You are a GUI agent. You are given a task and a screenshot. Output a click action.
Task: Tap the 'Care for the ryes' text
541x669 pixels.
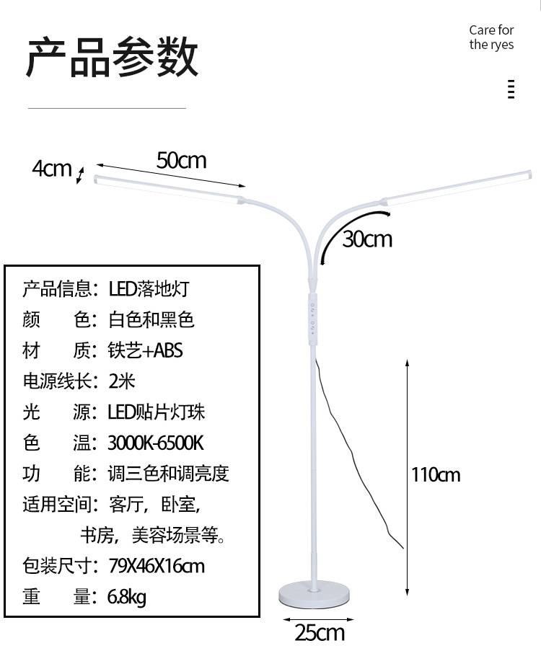coord(491,37)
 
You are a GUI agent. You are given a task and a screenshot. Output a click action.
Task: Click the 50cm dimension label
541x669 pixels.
coord(182,160)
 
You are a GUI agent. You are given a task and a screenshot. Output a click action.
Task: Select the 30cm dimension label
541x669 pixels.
coord(367,239)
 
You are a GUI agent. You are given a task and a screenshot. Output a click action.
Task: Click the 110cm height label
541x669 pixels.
coord(435,474)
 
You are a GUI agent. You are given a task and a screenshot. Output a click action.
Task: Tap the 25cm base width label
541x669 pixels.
coord(319,633)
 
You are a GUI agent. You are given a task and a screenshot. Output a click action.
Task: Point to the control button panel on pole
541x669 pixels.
coord(314,317)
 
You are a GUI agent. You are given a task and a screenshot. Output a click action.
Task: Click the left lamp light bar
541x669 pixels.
coord(169,190)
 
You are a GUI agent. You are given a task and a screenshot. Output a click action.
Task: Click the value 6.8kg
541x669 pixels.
coord(126,597)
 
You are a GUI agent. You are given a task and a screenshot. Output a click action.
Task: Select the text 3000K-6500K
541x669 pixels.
coord(156,443)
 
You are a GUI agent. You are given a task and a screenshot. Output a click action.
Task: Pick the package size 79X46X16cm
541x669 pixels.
coord(156,566)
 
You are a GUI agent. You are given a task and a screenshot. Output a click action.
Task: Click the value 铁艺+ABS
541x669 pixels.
coord(146,350)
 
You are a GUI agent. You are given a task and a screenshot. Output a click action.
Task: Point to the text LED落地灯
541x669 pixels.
coord(149,289)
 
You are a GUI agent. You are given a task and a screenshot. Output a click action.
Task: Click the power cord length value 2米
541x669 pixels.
coord(122,381)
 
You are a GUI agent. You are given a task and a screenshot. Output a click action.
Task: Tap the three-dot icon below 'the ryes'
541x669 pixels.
coord(511,89)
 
